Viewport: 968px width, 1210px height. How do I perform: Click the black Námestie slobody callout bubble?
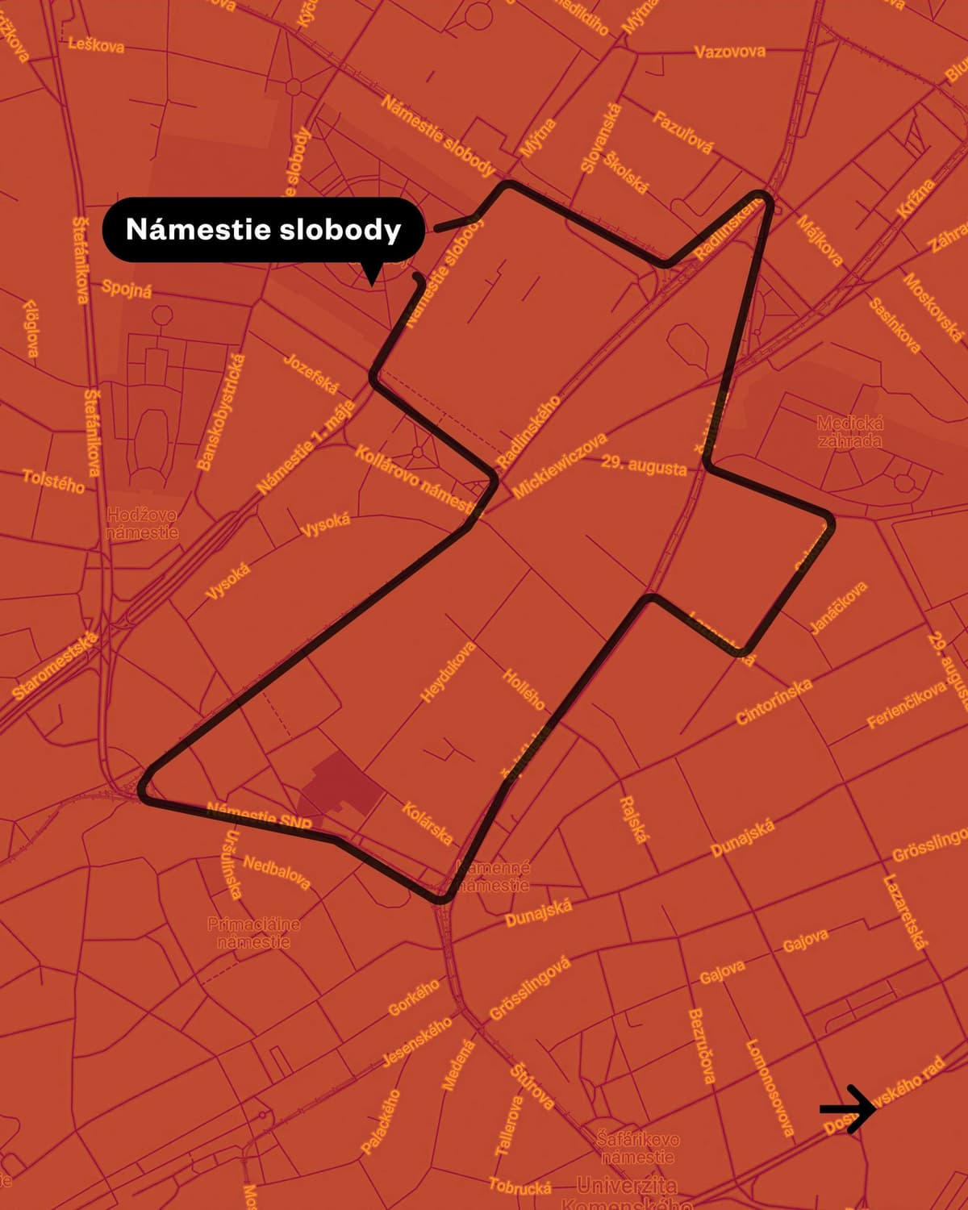pyautogui.click(x=263, y=230)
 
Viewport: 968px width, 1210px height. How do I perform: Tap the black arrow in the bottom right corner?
pyautogui.click(x=847, y=1109)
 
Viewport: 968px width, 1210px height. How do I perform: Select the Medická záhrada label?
pyautogui.click(x=849, y=432)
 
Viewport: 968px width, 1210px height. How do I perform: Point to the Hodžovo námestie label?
pyautogui.click(x=142, y=524)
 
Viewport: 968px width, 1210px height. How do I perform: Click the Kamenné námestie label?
pyautogui.click(x=493, y=877)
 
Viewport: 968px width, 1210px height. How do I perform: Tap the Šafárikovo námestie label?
pyautogui.click(x=637, y=1148)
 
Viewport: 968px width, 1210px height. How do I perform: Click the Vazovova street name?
pyautogui.click(x=730, y=52)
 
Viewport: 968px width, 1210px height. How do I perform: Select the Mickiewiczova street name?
pyautogui.click(x=559, y=465)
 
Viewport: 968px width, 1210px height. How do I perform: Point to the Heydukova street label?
pyautogui.click(x=449, y=672)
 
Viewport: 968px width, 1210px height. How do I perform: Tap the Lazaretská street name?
pyautogui.click(x=906, y=912)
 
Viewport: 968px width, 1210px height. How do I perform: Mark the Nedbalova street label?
pyautogui.click(x=277, y=872)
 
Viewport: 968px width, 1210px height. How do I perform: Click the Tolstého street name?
pyautogui.click(x=53, y=481)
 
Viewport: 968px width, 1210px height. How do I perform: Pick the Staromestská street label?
pyautogui.click(x=56, y=665)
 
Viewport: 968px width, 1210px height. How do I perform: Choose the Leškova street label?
pyautogui.click(x=96, y=44)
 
